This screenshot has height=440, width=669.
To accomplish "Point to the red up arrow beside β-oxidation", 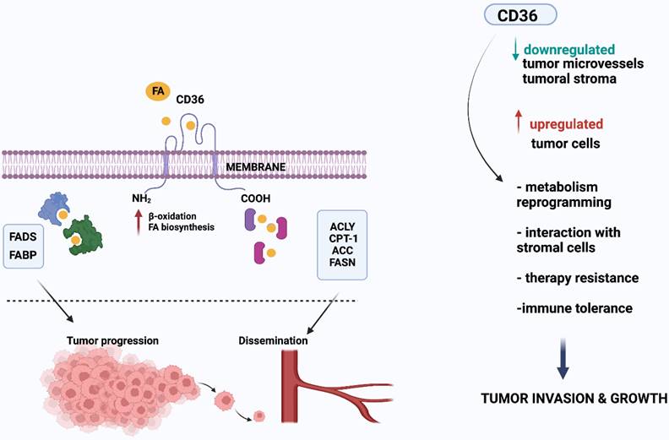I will pyautogui.click(x=136, y=223).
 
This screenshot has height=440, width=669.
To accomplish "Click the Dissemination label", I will pyautogui.click(x=273, y=341).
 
